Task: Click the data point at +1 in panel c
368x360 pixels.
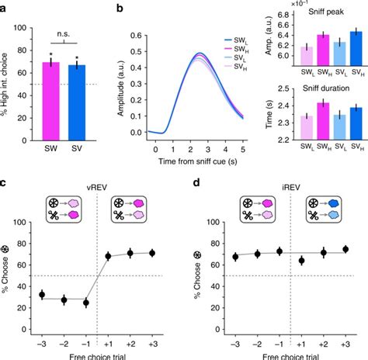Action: pyautogui.click(x=108, y=256)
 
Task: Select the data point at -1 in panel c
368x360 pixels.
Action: pyautogui.click(x=87, y=303)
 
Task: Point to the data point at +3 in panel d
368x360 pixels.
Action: pyautogui.click(x=345, y=249)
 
